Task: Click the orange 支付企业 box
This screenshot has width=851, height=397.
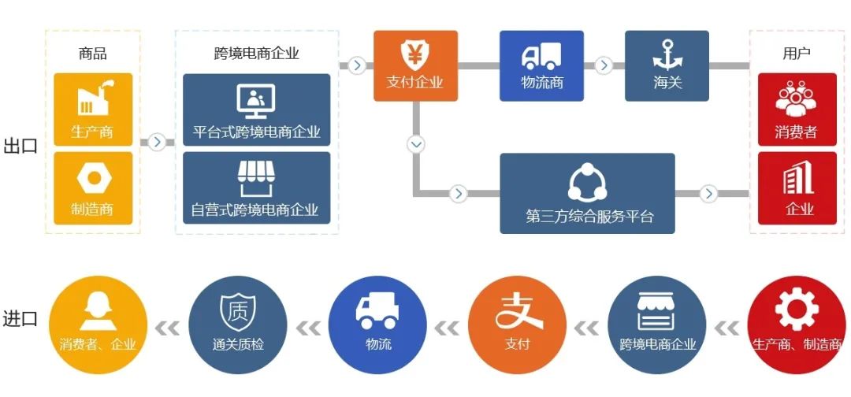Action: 415,65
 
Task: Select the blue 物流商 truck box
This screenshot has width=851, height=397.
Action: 541,65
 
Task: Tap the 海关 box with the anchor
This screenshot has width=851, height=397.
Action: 667,65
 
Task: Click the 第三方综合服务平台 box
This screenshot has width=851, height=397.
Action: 588,193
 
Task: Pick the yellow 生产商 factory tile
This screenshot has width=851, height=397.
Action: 93,109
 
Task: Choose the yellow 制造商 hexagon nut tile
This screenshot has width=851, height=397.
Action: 93,188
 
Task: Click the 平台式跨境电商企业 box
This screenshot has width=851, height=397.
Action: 256,109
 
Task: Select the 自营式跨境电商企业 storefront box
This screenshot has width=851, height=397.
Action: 256,188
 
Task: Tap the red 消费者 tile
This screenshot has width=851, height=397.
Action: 797,109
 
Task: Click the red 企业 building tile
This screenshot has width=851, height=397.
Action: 797,188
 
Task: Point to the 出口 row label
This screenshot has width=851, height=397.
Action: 20,146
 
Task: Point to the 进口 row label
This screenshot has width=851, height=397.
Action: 20,319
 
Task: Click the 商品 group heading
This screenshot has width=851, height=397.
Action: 93,54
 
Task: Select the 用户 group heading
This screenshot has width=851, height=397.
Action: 797,54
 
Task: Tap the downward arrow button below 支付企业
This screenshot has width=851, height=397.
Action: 416,144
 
